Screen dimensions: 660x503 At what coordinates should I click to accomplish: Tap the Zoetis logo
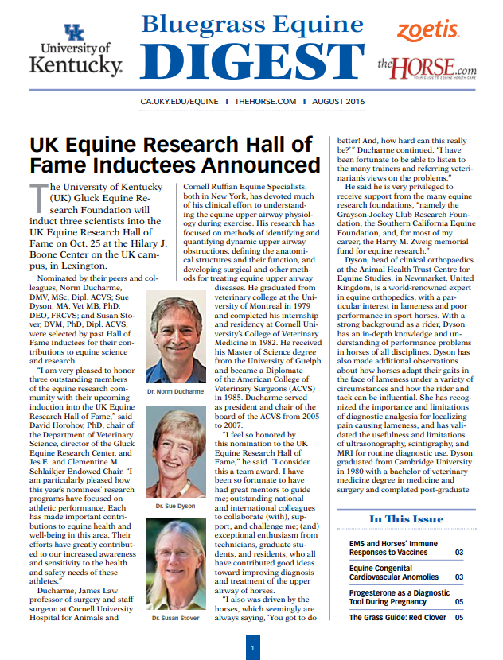[x=428, y=31]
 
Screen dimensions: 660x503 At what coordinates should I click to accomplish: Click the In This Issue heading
[x=406, y=519]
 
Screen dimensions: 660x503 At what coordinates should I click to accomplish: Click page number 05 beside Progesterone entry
[x=459, y=602]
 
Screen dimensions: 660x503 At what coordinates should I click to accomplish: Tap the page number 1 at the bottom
[x=251, y=649]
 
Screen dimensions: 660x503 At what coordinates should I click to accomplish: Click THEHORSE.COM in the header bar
[x=266, y=103]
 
